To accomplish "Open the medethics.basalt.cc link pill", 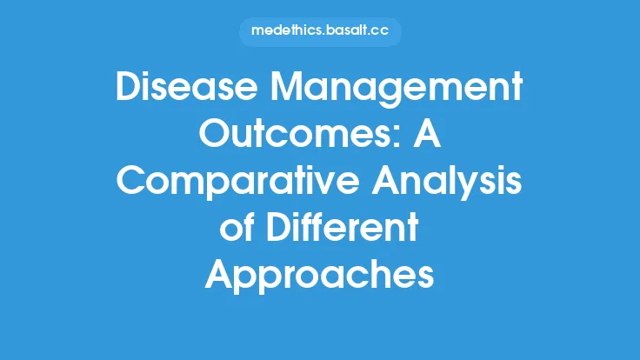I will (319, 31).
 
